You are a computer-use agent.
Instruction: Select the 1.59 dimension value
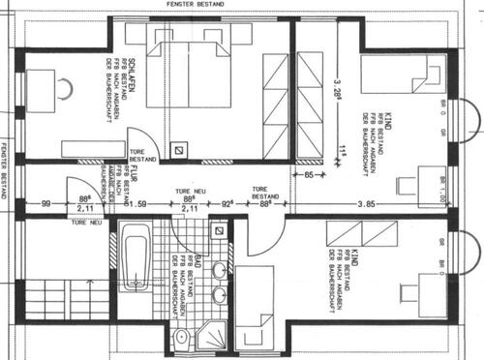136,204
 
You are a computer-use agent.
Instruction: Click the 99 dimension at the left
45,203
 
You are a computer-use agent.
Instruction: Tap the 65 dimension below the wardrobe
308,177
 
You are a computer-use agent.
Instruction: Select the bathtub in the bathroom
136,255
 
